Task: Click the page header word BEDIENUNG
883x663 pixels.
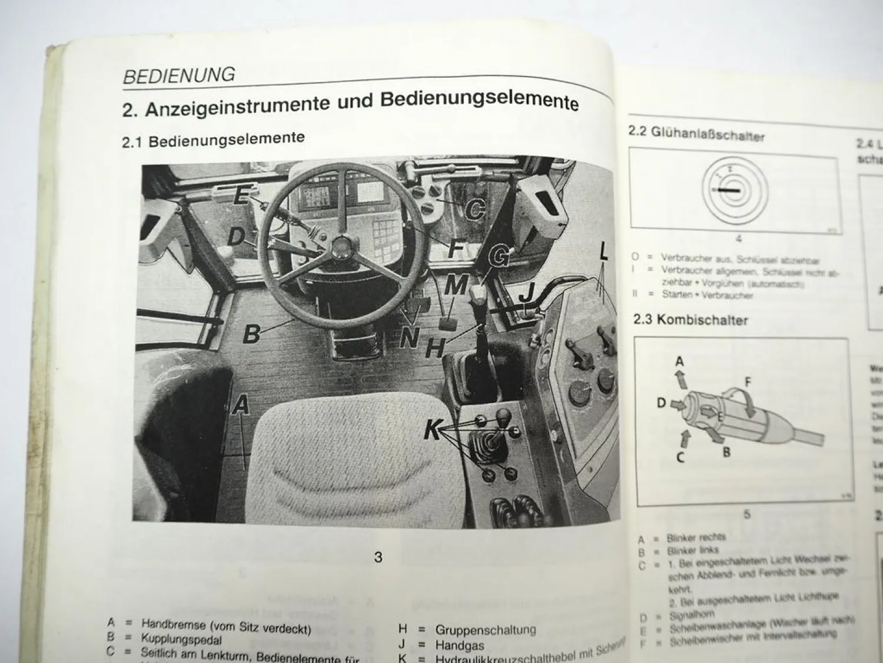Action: point(179,75)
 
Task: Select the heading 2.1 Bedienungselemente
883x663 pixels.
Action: point(213,140)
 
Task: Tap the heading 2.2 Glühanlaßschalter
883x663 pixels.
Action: point(696,134)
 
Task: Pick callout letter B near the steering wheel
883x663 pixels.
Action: point(252,334)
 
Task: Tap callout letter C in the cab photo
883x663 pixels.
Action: point(474,207)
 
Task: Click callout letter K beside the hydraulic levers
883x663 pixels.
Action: point(433,431)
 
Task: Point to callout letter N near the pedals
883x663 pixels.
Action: point(409,338)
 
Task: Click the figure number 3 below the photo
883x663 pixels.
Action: point(379,557)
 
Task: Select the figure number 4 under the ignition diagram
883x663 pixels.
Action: point(738,239)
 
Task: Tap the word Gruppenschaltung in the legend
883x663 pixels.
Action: point(486,629)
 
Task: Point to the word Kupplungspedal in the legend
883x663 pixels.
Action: point(181,640)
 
